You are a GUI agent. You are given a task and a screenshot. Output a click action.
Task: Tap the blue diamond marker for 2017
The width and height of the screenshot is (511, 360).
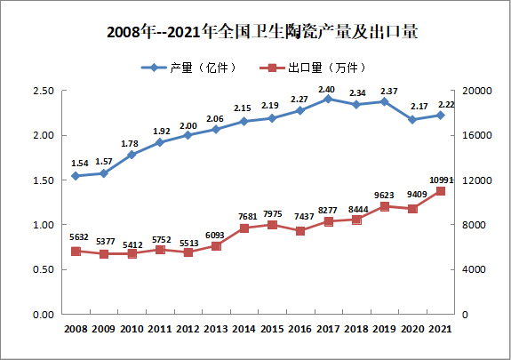327,99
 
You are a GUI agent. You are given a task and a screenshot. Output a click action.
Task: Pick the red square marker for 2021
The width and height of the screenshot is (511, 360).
440,191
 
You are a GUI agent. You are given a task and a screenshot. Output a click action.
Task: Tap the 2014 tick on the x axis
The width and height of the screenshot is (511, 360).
244,330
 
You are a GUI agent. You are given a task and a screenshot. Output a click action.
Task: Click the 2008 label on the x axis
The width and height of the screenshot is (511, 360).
76,330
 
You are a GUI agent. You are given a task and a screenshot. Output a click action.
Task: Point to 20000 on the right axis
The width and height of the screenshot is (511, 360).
472,91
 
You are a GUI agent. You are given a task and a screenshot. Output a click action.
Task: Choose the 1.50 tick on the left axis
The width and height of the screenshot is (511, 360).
43,180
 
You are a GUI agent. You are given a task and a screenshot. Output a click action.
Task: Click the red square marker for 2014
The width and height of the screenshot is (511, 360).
244,228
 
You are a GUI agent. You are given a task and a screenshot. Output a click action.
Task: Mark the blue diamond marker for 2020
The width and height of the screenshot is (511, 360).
411,119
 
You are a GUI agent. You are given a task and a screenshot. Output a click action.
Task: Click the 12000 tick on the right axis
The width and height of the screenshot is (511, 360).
472,180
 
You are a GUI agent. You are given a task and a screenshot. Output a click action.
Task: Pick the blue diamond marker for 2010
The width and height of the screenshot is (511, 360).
132,155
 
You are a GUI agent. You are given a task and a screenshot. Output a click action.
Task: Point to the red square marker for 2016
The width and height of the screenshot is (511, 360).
299,231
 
